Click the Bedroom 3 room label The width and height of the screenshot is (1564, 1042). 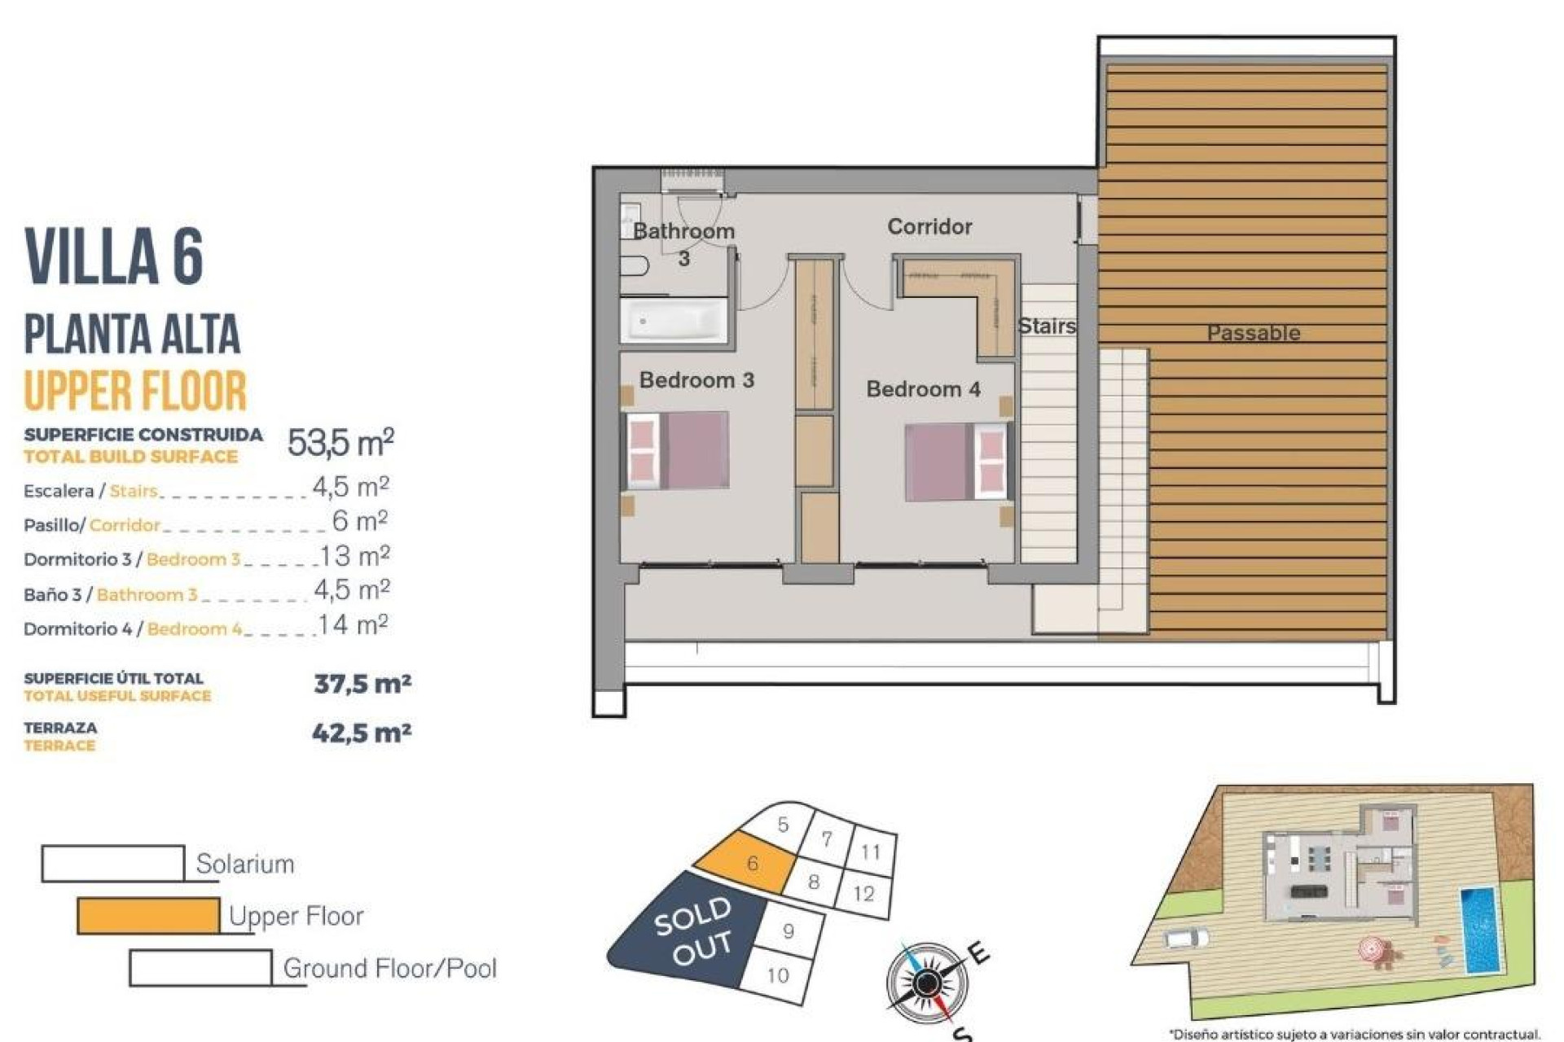[x=696, y=380]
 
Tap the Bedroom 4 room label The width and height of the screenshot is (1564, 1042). [x=923, y=389]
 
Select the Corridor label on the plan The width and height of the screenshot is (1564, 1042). [x=929, y=226]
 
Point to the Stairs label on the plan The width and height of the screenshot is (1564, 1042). [x=1047, y=326]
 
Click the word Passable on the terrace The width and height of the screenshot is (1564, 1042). [x=1253, y=333]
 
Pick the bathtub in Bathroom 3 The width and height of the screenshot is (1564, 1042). [x=673, y=321]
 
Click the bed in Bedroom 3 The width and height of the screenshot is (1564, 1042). [x=677, y=450]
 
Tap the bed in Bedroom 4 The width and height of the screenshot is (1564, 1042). [x=956, y=462]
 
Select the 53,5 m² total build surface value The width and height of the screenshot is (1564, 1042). [x=340, y=443]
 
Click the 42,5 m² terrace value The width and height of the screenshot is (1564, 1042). [x=362, y=733]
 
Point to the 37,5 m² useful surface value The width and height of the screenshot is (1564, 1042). [x=362, y=684]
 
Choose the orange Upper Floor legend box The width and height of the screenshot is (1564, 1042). [x=148, y=916]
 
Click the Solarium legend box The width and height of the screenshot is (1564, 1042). [x=113, y=864]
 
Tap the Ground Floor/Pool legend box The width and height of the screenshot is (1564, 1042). [x=200, y=968]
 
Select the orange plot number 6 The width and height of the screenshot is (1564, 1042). [x=752, y=863]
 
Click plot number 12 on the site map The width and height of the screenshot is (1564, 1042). [x=863, y=894]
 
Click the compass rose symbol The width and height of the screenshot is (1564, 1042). [x=925, y=983]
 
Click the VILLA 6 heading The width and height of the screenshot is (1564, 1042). [x=114, y=256]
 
